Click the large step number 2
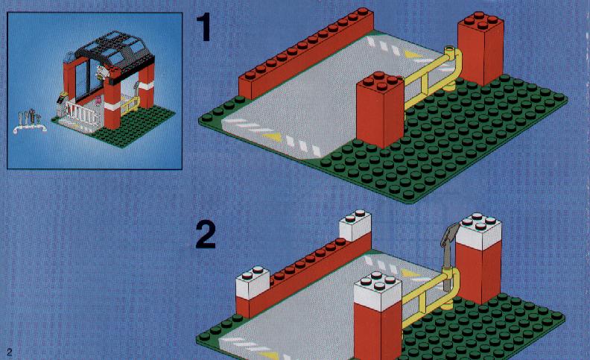[x=206, y=234]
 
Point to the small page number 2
[x=10, y=352]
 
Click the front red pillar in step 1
[x=380, y=110]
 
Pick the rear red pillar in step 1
[x=480, y=48]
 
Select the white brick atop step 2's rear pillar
[x=478, y=231]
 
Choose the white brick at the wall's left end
[x=252, y=282]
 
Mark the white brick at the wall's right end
[x=355, y=225]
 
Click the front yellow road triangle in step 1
[x=273, y=137]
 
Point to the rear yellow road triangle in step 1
[x=413, y=55]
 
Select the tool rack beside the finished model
[x=30, y=121]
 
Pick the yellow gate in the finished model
[x=130, y=105]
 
